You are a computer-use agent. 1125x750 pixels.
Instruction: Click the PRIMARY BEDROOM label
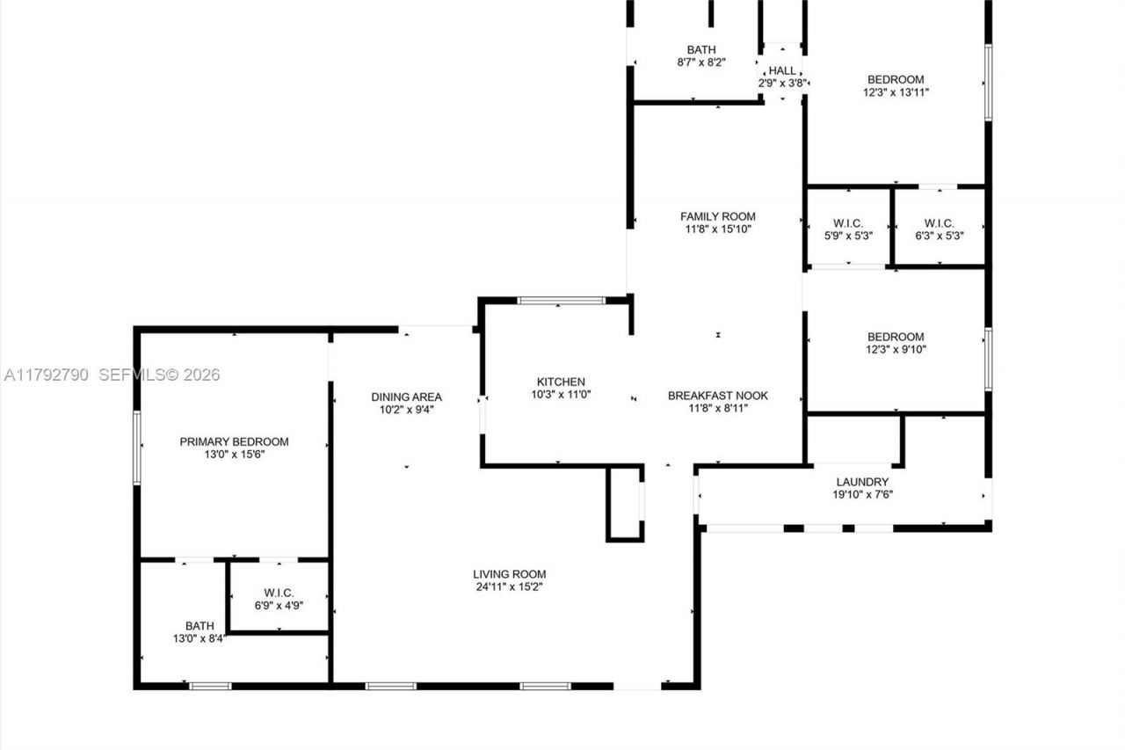234,441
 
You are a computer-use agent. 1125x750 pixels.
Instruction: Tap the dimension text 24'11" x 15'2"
511,587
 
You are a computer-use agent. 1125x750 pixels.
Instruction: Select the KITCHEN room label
561,382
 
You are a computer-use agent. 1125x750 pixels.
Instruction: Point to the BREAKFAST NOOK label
717,396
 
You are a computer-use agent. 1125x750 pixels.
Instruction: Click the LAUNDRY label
862,482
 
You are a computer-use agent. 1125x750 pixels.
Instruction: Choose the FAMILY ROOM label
717,216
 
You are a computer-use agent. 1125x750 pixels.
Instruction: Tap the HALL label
781,70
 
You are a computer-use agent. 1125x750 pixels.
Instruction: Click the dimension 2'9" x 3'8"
782,84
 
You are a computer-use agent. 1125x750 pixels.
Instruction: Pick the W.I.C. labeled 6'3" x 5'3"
939,223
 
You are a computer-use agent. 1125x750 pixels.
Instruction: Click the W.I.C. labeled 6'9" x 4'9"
278,593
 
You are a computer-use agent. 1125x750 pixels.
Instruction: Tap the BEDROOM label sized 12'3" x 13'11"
896,79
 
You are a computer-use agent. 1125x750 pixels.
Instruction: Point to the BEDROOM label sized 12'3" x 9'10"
896,337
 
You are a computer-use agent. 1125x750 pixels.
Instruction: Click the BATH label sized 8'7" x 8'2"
700,49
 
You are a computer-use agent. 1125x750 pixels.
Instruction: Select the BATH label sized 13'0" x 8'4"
199,626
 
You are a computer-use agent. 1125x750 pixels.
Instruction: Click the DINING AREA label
406,397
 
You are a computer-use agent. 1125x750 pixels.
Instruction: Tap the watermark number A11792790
47,375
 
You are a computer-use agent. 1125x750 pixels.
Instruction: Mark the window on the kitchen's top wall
561,301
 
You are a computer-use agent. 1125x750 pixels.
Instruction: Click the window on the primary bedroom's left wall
137,448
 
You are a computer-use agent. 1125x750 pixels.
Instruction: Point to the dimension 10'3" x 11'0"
561,395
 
